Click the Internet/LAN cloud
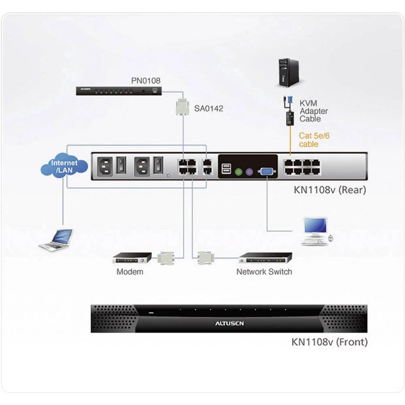click(64, 166)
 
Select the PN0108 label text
click(145, 81)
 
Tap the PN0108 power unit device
click(119, 91)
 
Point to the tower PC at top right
click(288, 73)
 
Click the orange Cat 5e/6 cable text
click(314, 140)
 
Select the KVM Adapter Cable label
click(313, 111)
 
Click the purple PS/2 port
click(250, 171)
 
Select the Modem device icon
click(132, 258)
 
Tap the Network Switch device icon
click(265, 258)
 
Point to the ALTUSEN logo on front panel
click(229, 324)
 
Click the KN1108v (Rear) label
click(329, 190)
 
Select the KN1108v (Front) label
click(329, 342)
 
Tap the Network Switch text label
click(264, 272)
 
